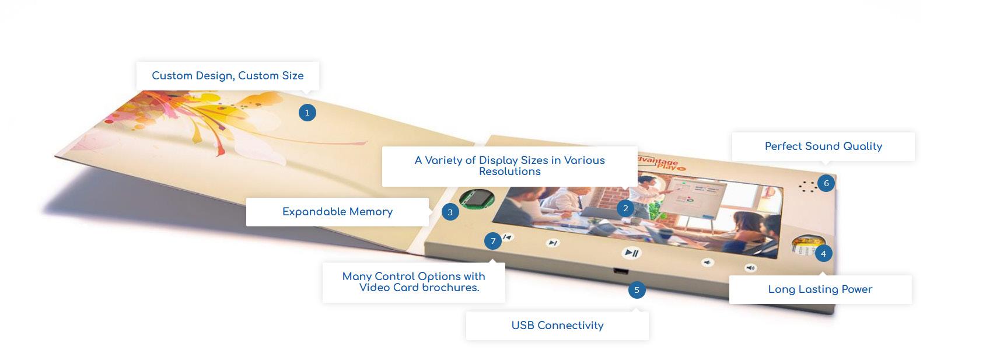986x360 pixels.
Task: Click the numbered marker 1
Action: point(307,113)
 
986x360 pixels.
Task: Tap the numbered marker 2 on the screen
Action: point(625,208)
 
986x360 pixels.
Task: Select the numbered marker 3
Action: point(450,212)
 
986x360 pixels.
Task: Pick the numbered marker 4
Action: point(823,253)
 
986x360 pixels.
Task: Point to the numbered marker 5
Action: point(637,290)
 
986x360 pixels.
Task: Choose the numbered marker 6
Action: point(826,183)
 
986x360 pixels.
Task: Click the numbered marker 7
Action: point(493,241)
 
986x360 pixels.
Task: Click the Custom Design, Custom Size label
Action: point(228,76)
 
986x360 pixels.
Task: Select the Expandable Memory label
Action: point(337,212)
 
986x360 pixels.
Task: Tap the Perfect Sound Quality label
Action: point(823,146)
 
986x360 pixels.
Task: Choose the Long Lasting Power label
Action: point(820,289)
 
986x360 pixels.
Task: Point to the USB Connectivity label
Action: point(557,326)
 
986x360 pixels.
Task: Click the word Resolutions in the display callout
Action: point(509,172)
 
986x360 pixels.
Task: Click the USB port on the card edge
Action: point(620,271)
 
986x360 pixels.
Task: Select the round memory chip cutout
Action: point(477,198)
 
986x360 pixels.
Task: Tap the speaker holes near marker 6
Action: point(807,187)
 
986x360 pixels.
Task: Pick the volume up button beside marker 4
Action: point(750,268)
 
